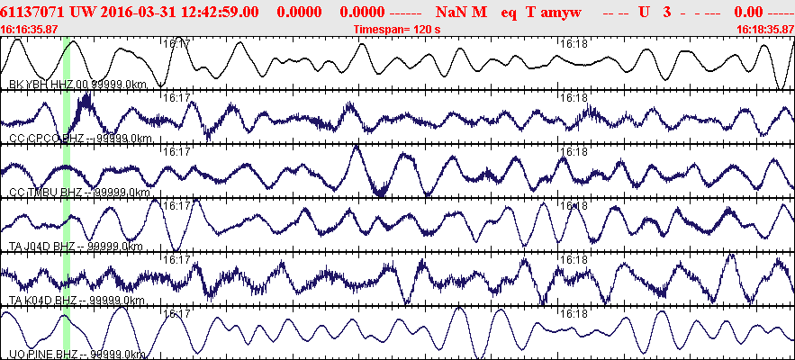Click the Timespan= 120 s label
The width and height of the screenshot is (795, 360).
[x=397, y=29]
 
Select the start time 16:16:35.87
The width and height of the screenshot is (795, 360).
[x=30, y=29]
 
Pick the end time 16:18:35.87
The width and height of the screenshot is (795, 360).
[x=764, y=29]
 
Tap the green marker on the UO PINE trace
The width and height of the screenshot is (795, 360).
[x=67, y=333]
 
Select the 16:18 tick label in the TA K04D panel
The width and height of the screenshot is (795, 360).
[x=574, y=260]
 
